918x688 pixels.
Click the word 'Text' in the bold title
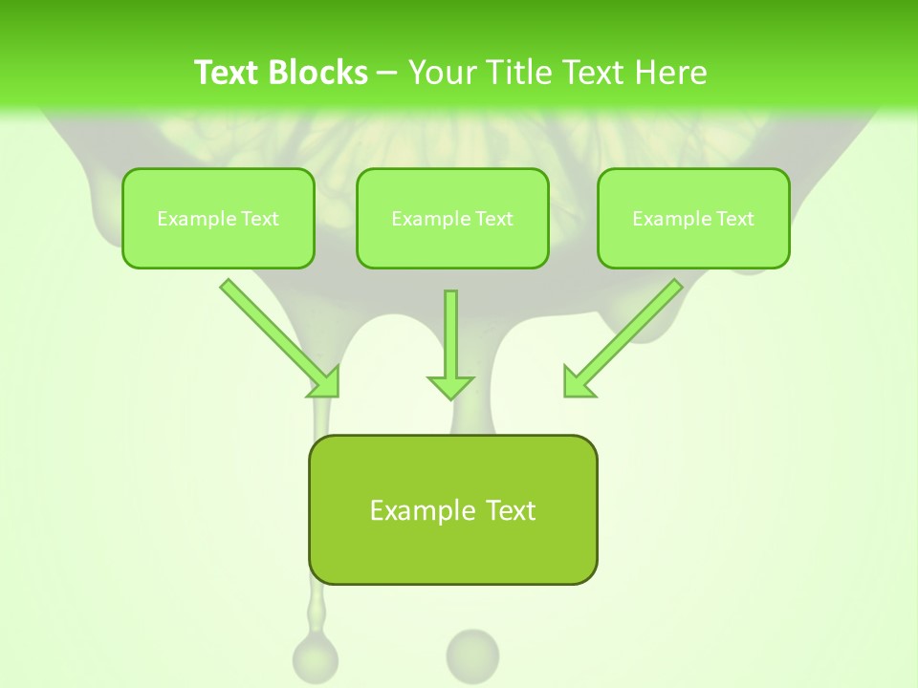[227, 73]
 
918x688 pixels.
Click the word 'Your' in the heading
[443, 73]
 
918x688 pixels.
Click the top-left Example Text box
[218, 218]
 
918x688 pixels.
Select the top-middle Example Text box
[452, 218]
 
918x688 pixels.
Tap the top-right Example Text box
[693, 218]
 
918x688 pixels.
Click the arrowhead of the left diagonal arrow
[326, 382]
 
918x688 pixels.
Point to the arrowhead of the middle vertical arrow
[450, 386]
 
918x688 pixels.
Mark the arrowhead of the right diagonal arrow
[577, 382]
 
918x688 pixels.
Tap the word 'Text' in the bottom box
[511, 510]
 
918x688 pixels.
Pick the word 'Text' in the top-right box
[735, 219]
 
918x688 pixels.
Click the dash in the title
[387, 73]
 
